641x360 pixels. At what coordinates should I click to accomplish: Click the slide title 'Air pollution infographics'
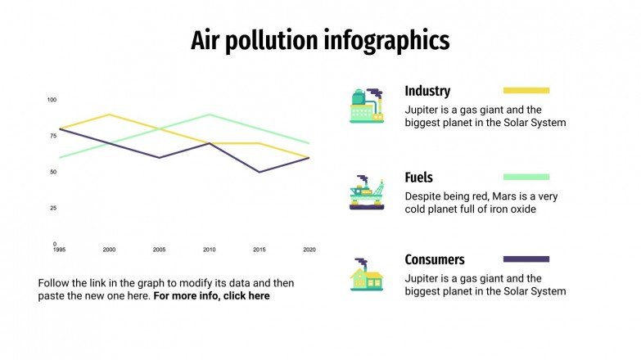click(x=320, y=40)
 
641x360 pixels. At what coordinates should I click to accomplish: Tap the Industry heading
click(x=427, y=91)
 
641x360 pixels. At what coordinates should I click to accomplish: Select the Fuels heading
click(x=418, y=178)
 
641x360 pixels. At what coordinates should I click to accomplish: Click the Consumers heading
click(x=434, y=259)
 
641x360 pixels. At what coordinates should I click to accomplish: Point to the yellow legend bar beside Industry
click(x=526, y=91)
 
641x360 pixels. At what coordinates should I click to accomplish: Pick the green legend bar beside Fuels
click(x=526, y=177)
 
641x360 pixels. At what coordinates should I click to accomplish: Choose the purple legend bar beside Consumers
click(x=526, y=259)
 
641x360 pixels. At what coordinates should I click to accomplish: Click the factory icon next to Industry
click(x=366, y=106)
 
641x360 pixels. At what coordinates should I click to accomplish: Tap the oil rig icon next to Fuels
click(x=366, y=192)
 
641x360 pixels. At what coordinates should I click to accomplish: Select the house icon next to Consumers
click(x=366, y=275)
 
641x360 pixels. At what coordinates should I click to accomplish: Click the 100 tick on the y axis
click(x=52, y=100)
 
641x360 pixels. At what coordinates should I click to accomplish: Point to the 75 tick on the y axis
click(x=52, y=136)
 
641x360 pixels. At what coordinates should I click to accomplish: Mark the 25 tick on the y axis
click(x=52, y=208)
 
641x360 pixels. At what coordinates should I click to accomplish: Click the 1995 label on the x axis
click(x=60, y=250)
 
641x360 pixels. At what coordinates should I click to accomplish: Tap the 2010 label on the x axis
click(x=210, y=250)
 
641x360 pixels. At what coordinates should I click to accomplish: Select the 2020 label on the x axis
click(x=309, y=250)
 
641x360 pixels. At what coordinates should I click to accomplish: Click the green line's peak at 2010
click(x=210, y=115)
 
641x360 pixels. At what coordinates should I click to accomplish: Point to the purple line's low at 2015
click(x=260, y=172)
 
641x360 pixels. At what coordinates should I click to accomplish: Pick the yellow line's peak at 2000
click(x=110, y=115)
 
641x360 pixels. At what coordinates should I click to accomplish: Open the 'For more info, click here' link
click(x=211, y=296)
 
